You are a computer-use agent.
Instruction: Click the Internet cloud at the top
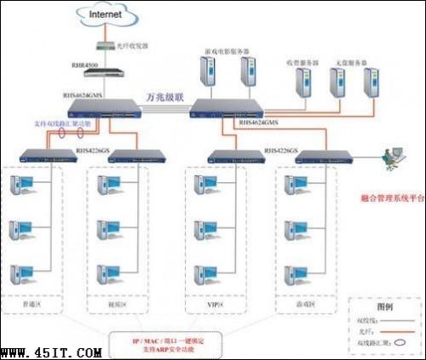tap(101, 14)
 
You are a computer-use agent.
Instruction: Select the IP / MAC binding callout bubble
tap(170, 343)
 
